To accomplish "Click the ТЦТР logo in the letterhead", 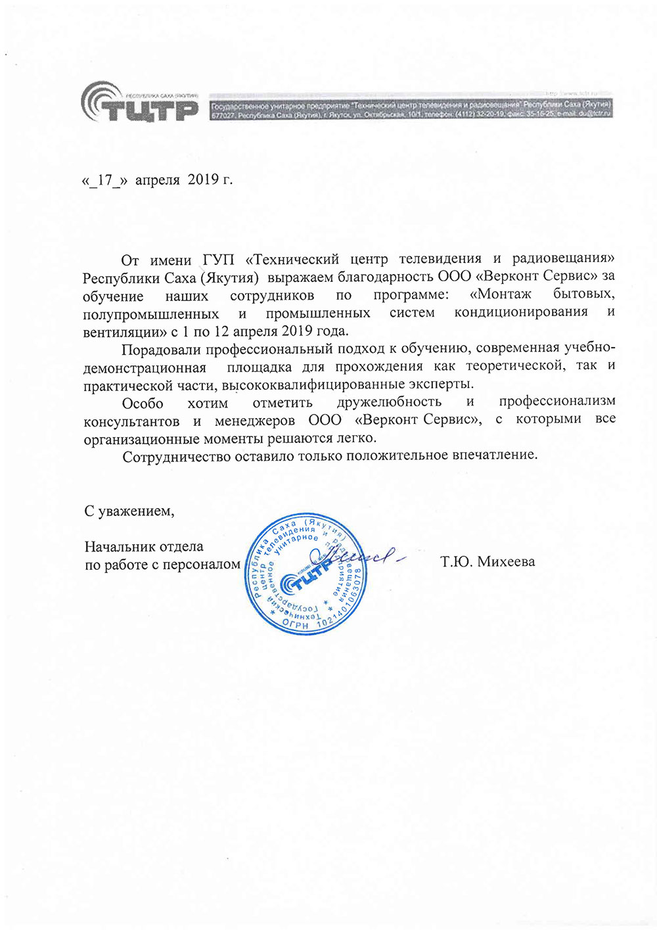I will coord(139,104).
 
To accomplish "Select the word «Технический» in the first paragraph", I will coord(296,259).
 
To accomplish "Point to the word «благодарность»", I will coord(386,277).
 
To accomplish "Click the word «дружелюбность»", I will coord(389,402).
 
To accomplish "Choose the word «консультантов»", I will coord(131,421).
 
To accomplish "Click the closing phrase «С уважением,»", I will coord(129,511).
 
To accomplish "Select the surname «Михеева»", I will coord(506,562).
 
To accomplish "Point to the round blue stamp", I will coord(306,574).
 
